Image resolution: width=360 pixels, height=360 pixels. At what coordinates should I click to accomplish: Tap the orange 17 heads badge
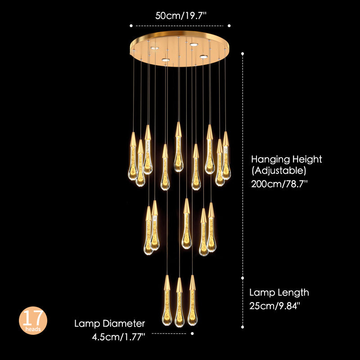[x=33, y=320]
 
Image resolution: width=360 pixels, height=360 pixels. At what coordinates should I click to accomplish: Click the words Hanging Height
[x=286, y=159]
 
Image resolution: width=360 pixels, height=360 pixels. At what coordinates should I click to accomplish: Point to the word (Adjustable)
[x=278, y=171]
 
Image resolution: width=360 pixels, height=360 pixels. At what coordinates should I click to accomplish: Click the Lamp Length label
[x=279, y=292]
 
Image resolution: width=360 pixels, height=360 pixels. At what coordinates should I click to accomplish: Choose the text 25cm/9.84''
[x=274, y=306]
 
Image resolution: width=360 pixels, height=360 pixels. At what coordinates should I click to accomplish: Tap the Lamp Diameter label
[x=110, y=324]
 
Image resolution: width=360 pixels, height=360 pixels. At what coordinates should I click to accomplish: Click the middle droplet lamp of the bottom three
[x=179, y=306]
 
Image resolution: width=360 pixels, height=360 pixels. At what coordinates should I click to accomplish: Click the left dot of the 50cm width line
[x=131, y=26]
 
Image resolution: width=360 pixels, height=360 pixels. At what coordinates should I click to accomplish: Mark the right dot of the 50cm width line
[x=229, y=26]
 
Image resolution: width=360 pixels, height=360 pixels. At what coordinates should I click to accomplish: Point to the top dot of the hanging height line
[x=243, y=54]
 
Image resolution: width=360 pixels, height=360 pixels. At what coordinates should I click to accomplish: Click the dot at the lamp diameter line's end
[x=192, y=333]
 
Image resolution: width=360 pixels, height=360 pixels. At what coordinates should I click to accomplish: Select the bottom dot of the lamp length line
[x=243, y=327]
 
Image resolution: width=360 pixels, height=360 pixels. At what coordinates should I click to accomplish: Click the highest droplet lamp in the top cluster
[x=179, y=148]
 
